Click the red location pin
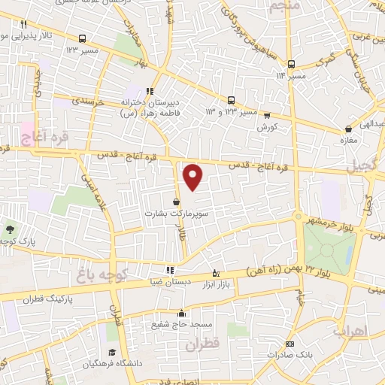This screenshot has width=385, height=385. [x=193, y=177]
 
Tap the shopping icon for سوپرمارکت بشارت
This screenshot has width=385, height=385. [x=176, y=202]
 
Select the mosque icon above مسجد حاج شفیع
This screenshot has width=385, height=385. [x=180, y=313]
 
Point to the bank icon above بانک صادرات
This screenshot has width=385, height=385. [x=269, y=344]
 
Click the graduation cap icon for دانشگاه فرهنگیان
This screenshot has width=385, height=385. [x=112, y=353]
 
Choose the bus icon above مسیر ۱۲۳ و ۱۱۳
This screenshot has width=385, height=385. [x=231, y=100]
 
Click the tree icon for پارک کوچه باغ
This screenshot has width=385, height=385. [x=10, y=230]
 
